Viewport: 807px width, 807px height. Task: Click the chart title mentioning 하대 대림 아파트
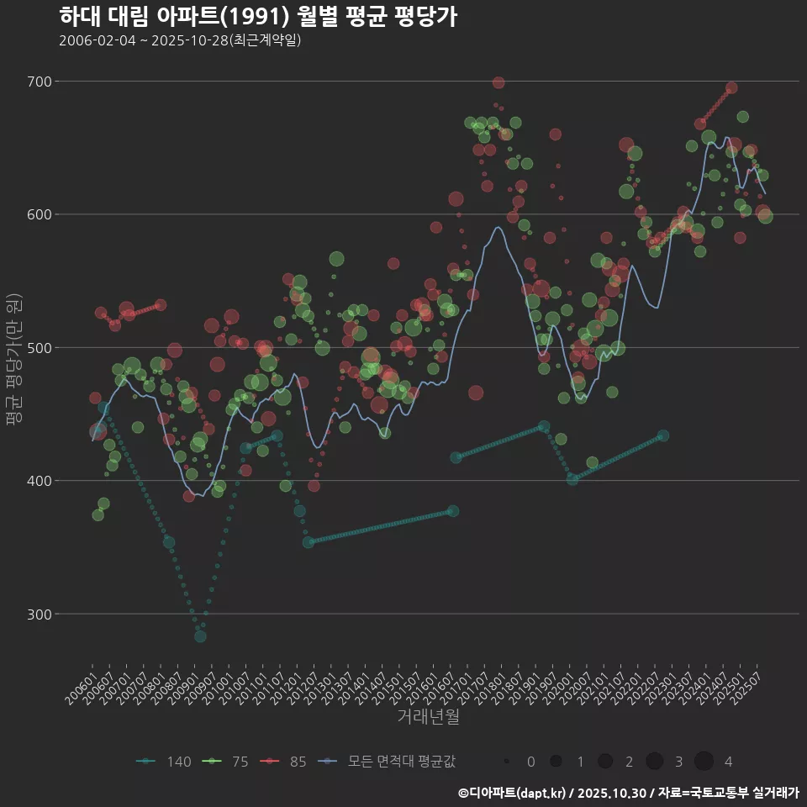258,17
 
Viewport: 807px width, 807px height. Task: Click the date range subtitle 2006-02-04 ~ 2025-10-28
180,40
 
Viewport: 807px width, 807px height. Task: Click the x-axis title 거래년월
428,717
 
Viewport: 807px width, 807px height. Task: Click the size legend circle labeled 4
704,762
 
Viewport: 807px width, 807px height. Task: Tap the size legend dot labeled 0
507,762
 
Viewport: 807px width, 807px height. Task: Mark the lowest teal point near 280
200,636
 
